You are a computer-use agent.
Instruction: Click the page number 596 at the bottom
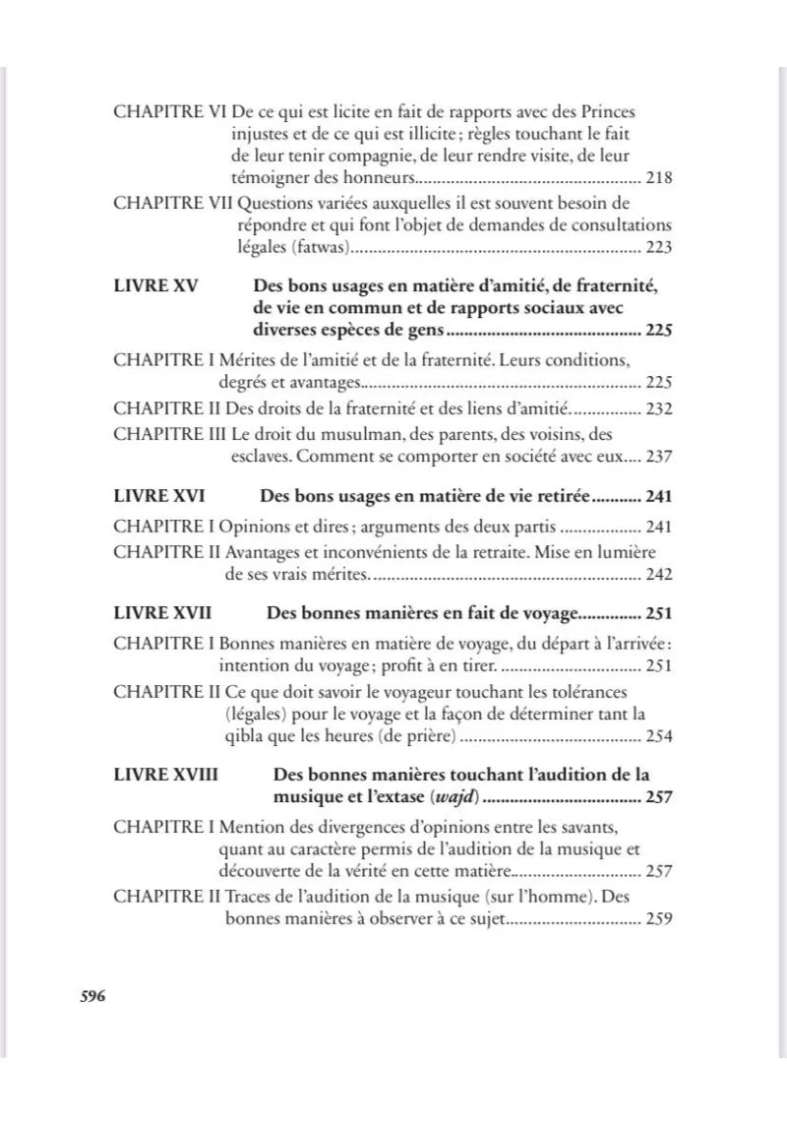click(x=91, y=995)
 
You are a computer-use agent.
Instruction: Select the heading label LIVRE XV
click(x=156, y=286)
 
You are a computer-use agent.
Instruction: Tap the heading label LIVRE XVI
click(x=160, y=497)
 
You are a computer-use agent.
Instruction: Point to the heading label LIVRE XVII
click(x=163, y=614)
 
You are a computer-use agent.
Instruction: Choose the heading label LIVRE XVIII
click(x=166, y=775)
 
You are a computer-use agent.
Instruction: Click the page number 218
click(x=658, y=179)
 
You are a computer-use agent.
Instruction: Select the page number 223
click(x=658, y=247)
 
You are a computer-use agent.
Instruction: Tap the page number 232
click(x=658, y=407)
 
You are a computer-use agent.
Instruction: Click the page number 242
click(x=658, y=573)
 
